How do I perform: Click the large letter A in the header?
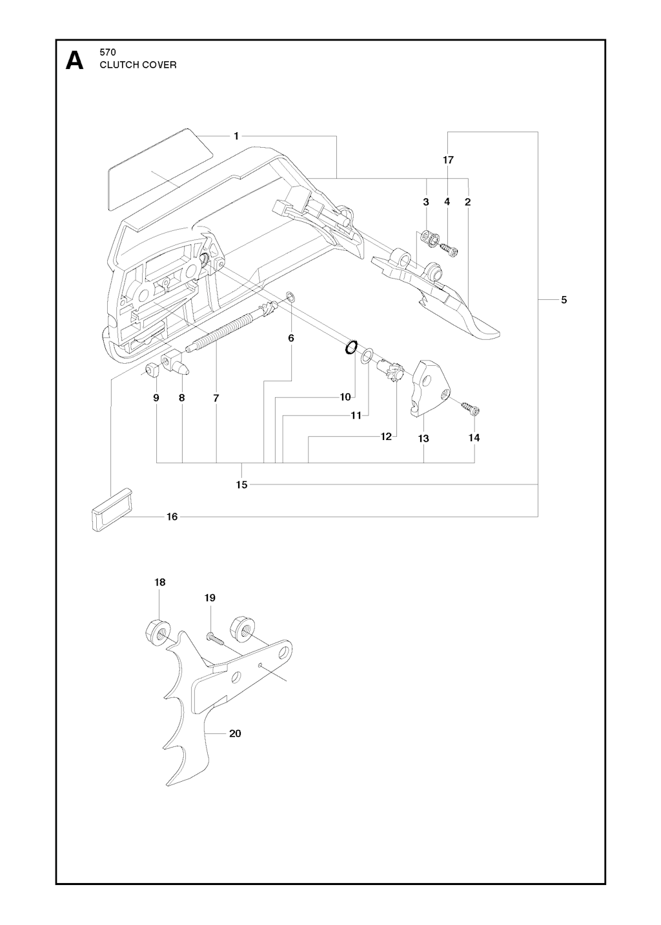75,61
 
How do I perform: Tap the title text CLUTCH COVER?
137,65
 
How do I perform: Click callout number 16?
172,516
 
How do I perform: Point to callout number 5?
564,299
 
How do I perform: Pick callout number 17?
448,159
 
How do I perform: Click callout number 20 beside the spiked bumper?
235,733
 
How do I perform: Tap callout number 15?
241,484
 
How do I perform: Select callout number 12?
386,437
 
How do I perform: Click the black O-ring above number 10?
351,347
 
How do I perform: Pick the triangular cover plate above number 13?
429,385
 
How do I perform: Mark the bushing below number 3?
427,237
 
